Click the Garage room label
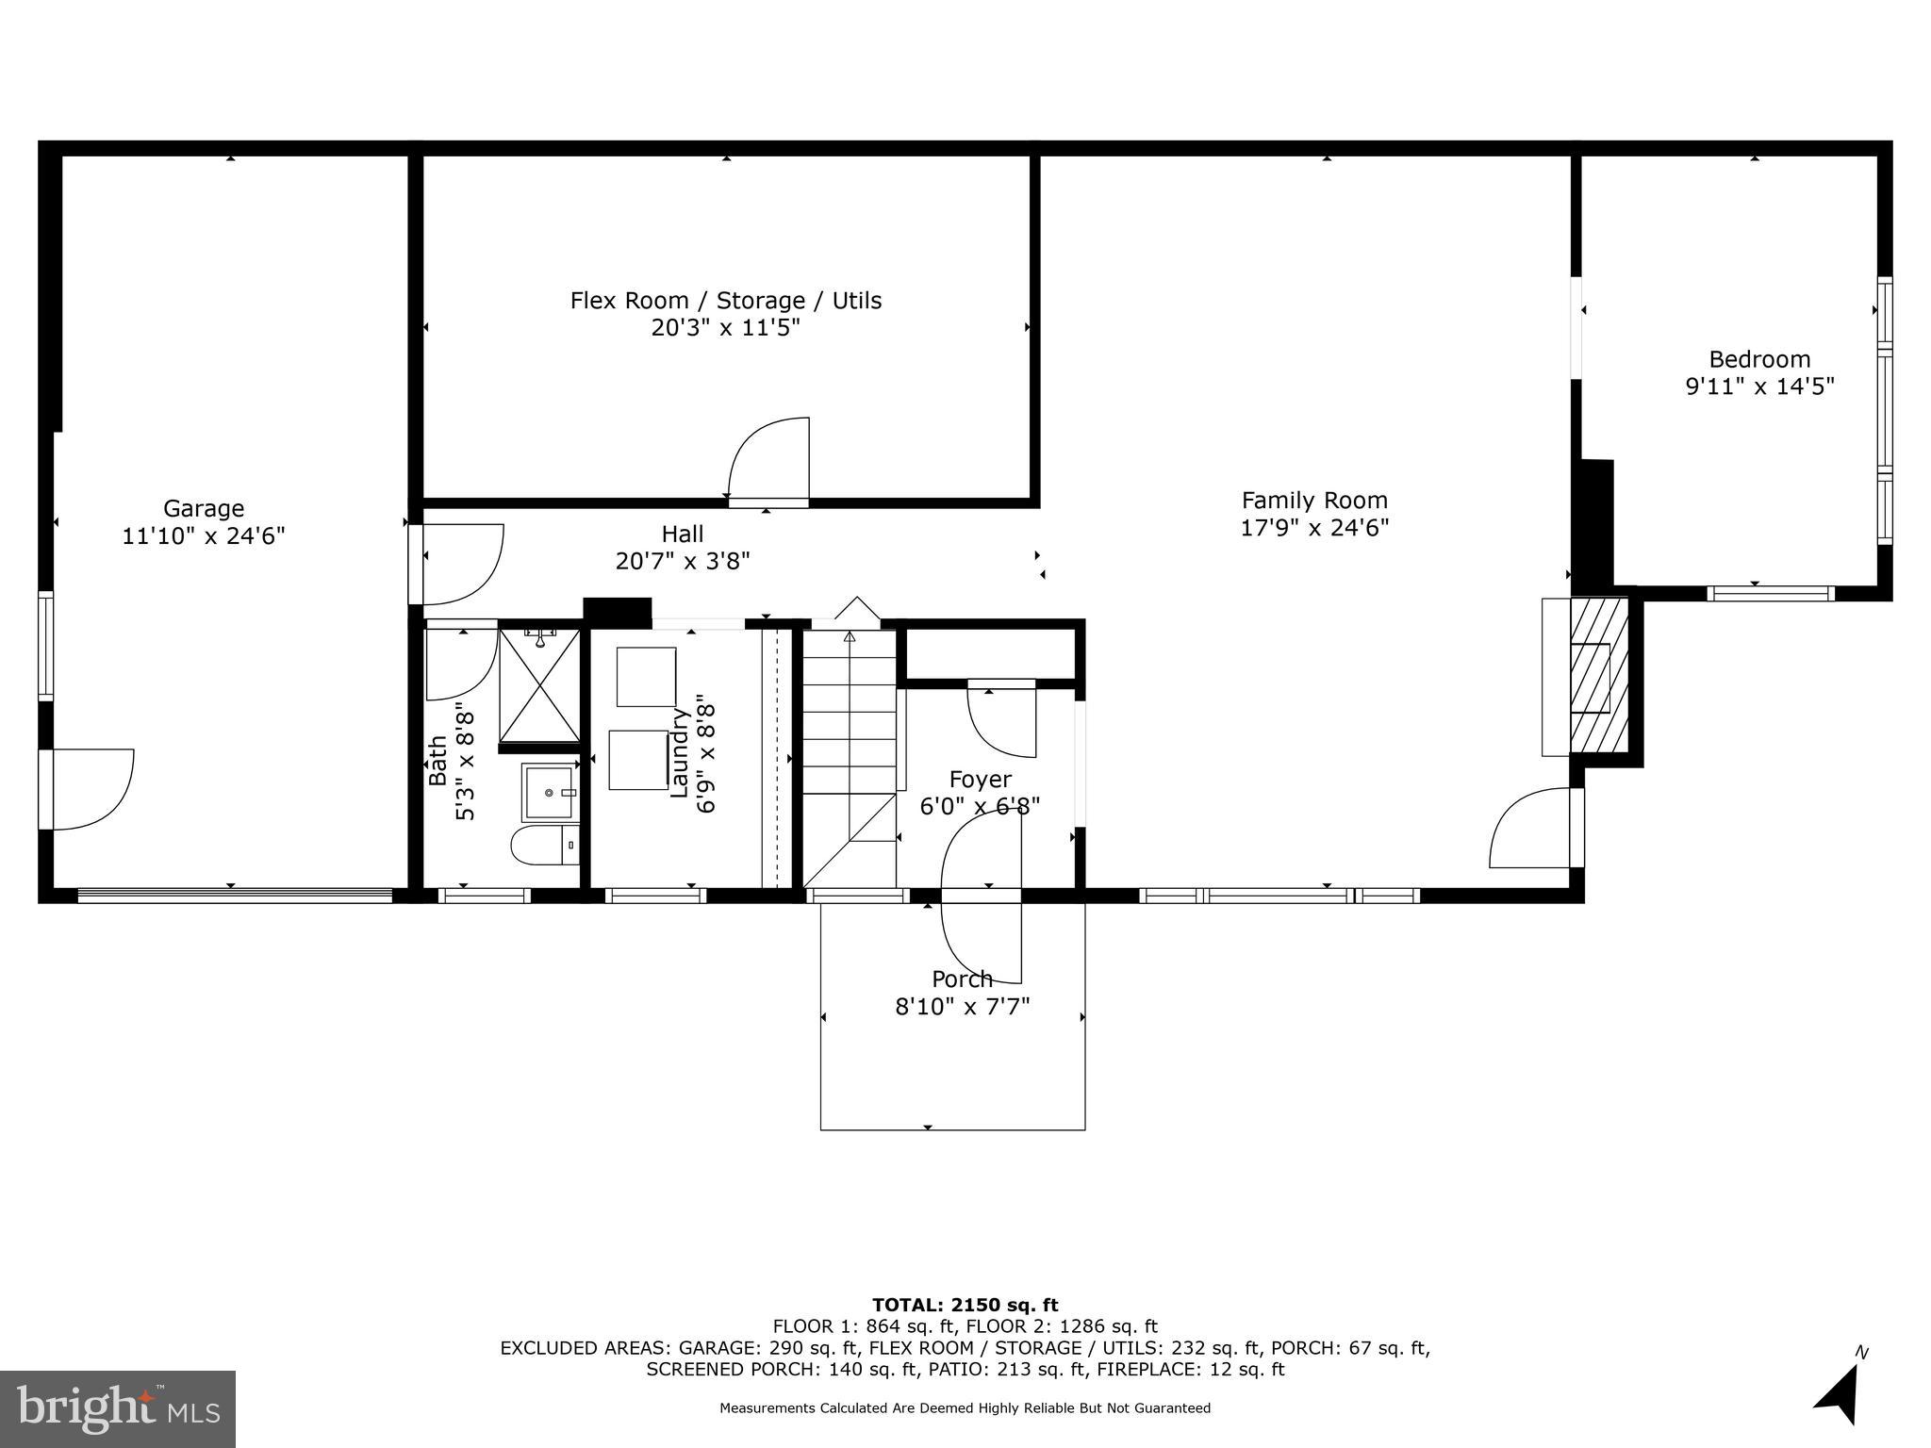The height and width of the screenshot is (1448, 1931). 204,509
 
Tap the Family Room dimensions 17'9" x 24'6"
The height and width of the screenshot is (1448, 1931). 1314,528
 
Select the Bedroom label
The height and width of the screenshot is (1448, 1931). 1759,359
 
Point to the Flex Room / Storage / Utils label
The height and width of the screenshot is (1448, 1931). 725,301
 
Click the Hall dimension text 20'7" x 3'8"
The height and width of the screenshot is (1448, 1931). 682,562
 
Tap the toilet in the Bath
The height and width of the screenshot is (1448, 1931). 545,845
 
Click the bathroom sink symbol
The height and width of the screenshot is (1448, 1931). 549,793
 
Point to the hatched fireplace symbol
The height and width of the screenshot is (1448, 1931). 1598,677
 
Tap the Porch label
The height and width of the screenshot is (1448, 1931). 962,979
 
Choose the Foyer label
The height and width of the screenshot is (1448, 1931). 980,780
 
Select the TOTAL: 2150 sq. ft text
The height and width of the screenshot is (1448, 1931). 965,1305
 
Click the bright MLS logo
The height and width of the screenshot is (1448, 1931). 118,1408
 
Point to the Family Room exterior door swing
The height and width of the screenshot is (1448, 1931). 1529,828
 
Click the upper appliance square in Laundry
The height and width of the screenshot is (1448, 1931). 646,676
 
